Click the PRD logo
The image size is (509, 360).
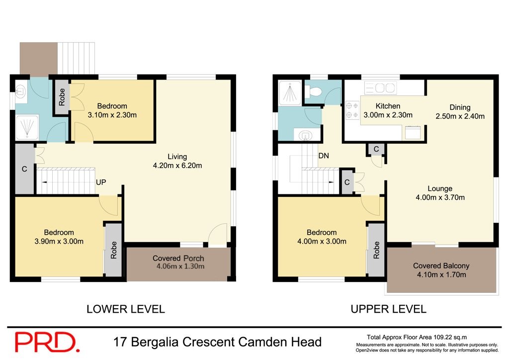[x=47, y=342]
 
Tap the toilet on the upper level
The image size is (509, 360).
[x=314, y=92]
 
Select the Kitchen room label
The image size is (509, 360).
[x=388, y=106]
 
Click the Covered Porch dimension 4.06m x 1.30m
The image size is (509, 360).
[x=178, y=267]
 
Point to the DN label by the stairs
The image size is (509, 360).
[x=324, y=156]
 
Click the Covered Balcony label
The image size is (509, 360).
[x=441, y=266]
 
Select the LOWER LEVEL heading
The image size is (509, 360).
[x=125, y=309]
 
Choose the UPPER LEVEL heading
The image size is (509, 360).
[x=388, y=309]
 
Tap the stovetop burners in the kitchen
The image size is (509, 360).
[x=352, y=110]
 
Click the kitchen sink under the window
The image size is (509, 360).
[x=380, y=88]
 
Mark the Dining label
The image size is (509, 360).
[x=460, y=107]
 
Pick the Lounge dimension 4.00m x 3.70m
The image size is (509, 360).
[x=440, y=197]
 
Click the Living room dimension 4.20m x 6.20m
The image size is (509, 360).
[x=177, y=166]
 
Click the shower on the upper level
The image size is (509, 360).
[x=289, y=92]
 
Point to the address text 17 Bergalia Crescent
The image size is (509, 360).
[x=217, y=342]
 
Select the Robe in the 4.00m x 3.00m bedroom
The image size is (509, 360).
[x=376, y=250]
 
